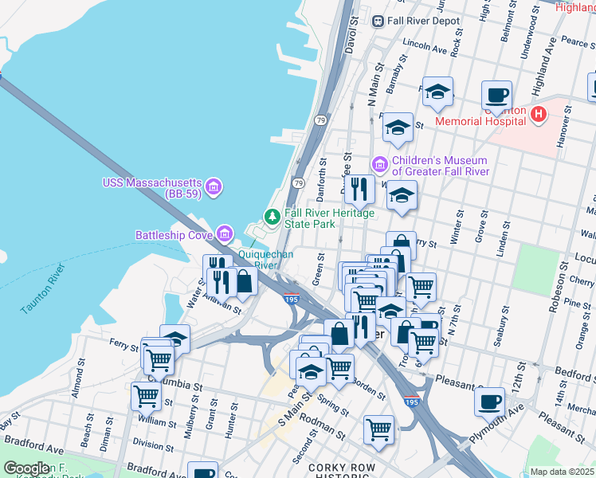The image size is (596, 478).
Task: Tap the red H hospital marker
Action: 539,115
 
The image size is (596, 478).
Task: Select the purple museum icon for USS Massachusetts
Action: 213,187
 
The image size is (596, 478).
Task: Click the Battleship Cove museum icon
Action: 225,234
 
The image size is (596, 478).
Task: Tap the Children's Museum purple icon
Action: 380,165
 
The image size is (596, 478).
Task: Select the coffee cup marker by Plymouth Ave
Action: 489,402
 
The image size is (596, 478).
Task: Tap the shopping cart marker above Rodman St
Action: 378,429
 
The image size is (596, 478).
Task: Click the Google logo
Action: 27,468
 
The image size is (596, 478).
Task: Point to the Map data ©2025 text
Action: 562,472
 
